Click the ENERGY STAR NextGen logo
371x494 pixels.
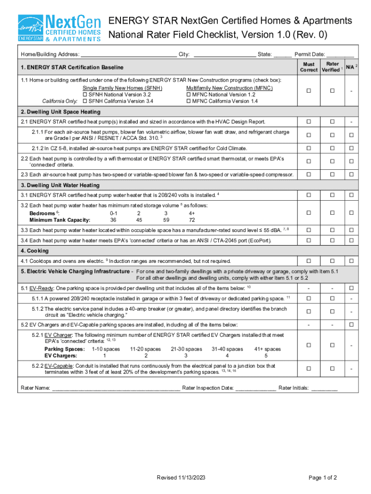point(59,28)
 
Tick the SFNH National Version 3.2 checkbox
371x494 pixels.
point(85,95)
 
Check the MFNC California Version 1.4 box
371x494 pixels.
point(188,101)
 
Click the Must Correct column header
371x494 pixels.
point(309,67)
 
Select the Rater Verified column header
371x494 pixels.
point(332,67)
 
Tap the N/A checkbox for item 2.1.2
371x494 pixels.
point(351,148)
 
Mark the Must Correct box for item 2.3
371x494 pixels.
point(309,174)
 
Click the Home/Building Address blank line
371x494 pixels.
point(128,55)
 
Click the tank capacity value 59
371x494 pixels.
point(166,220)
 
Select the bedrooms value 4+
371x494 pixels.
point(192,213)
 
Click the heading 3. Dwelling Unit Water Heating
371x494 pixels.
point(60,185)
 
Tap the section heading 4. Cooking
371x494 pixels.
point(35,251)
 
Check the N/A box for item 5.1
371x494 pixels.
point(351,288)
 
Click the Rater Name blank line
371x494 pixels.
point(116,388)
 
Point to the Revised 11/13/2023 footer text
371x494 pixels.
point(181,478)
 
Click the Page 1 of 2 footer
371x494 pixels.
point(322,478)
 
